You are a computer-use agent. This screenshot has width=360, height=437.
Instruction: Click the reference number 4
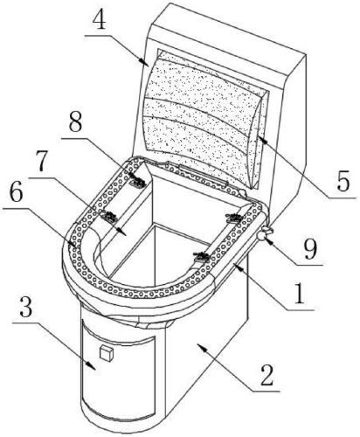click(x=100, y=21)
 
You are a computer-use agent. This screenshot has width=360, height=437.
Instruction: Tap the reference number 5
click(x=343, y=181)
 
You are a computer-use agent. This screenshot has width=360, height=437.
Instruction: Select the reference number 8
click(x=75, y=124)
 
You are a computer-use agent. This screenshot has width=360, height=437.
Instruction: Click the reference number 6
click(x=16, y=193)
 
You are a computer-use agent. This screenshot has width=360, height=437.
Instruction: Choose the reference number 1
click(x=300, y=294)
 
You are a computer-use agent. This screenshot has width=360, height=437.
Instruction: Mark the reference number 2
click(x=267, y=375)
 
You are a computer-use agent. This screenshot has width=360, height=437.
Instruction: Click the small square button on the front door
click(x=106, y=353)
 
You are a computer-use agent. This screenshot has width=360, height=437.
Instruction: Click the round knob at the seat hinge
click(x=264, y=234)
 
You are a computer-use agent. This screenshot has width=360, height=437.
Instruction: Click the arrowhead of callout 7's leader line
click(x=122, y=232)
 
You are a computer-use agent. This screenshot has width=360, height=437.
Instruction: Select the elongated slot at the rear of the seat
click(x=203, y=174)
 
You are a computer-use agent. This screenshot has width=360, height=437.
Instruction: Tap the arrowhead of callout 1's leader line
click(x=239, y=266)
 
